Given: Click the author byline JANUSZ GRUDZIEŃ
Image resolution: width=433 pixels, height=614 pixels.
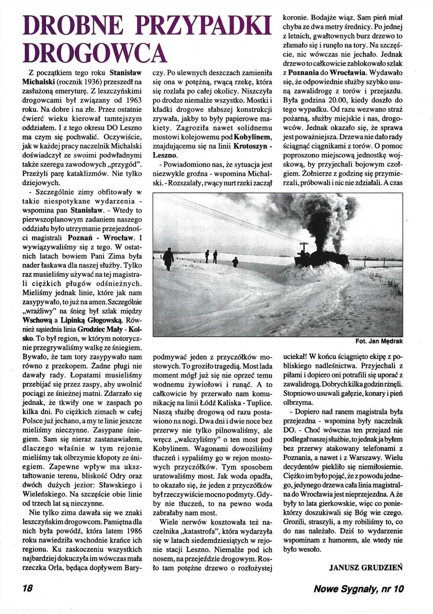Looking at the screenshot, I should coord(366,567).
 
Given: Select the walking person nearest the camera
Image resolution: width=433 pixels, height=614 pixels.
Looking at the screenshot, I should coord(168,258).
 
